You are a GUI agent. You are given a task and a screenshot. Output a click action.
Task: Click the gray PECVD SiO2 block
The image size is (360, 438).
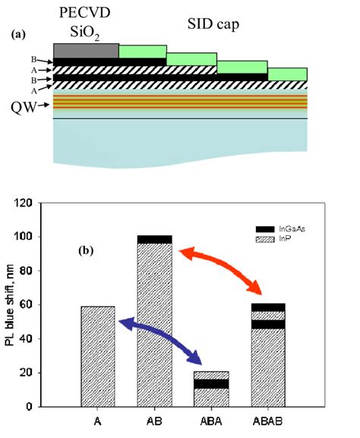86,51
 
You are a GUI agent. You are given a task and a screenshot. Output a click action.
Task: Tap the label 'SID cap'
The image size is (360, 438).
213,24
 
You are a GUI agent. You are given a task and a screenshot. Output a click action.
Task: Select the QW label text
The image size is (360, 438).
24,107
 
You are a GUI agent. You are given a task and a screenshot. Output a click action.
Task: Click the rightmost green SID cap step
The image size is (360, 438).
288,74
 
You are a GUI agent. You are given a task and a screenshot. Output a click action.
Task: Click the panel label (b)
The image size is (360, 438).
86,251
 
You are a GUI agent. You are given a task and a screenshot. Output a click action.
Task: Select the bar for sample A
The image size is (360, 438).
98,357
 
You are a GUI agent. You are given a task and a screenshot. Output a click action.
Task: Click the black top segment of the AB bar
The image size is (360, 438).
155,239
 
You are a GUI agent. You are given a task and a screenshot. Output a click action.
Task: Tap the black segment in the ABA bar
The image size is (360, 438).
212,384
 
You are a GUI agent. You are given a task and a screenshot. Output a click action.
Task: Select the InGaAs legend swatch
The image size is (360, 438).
265,229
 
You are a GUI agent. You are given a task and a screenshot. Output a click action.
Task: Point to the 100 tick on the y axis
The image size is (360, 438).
39,237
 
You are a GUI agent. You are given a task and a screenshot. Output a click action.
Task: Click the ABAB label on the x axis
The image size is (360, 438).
268,421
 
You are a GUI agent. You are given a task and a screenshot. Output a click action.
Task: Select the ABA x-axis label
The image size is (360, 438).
211,421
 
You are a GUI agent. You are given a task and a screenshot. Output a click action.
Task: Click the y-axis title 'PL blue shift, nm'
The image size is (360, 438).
10,305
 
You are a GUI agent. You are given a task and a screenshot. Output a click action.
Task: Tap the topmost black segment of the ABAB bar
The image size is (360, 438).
268,307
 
